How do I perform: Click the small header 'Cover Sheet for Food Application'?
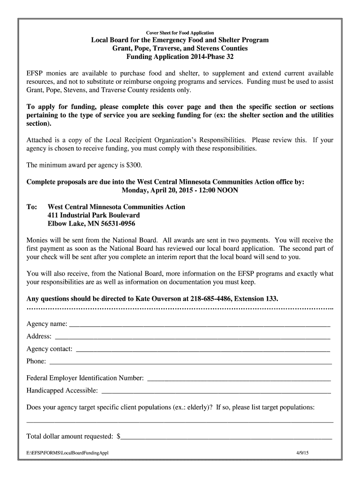coord(180,33)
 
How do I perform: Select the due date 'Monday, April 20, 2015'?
coord(158,190)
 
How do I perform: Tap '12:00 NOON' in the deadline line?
coord(220,190)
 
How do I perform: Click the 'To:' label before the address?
coord(32,207)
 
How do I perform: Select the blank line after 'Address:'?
coord(192,337)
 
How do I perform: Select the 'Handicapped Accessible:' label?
coord(62,391)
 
